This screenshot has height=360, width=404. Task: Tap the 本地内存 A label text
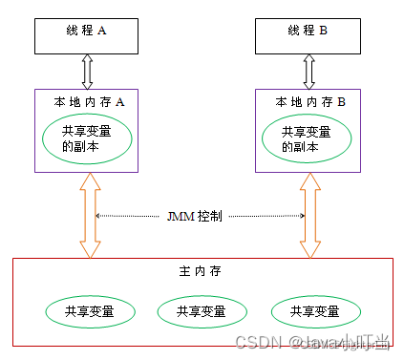[89, 99]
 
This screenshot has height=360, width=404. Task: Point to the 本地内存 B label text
[310, 99]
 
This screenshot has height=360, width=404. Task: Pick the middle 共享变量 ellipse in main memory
[202, 311]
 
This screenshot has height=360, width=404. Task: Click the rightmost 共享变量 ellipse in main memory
[316, 311]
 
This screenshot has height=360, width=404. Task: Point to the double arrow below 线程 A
[89, 70]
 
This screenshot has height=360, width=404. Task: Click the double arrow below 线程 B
[308, 70]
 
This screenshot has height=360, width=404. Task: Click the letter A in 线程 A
[101, 31]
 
